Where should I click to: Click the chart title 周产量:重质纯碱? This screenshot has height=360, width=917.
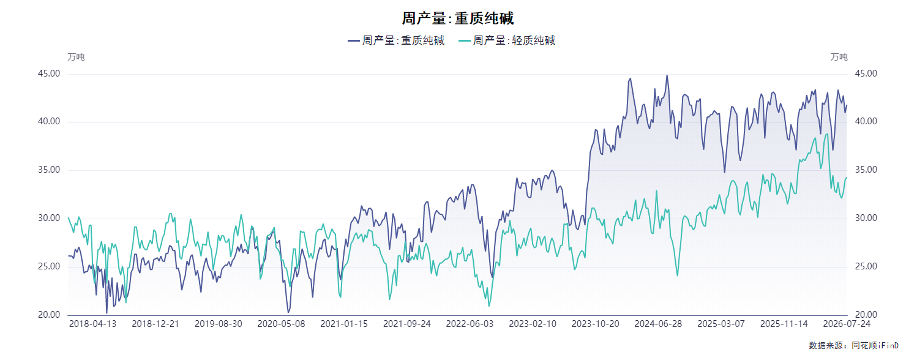(457, 18)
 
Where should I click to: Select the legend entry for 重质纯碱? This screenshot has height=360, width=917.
(396, 40)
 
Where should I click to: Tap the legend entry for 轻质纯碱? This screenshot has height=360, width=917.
(507, 40)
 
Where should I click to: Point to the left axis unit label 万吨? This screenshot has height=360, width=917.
(76, 57)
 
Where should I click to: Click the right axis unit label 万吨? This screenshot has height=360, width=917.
(839, 57)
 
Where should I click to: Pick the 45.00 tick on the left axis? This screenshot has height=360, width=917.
(49, 73)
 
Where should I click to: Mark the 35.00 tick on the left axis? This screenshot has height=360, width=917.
(49, 170)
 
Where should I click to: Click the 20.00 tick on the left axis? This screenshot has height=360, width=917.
(49, 315)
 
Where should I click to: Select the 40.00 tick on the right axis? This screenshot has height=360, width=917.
(866, 122)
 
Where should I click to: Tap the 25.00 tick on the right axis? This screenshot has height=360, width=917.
(866, 266)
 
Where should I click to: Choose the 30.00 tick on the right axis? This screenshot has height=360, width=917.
(866, 219)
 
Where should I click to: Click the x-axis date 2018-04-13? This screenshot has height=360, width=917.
(92, 324)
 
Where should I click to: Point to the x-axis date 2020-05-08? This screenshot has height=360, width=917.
(281, 324)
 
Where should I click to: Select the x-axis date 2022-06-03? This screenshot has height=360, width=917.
(470, 324)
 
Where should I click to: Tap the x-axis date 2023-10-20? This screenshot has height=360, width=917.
(595, 324)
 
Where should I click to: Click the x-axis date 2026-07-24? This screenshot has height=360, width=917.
(847, 324)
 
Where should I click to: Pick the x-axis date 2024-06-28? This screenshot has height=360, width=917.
(658, 324)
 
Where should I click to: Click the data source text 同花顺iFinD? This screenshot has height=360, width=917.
(875, 346)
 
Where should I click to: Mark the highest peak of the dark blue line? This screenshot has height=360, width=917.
(667, 75)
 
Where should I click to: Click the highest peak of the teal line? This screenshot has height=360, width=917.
(828, 134)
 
